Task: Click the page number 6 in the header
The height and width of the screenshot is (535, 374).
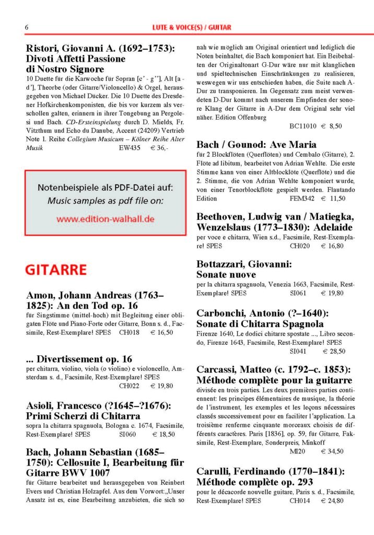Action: (x=27, y=27)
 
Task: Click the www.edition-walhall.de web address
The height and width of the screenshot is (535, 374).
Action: (x=106, y=219)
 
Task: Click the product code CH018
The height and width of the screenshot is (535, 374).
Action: (x=130, y=332)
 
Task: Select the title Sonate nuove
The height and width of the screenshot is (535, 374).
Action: (x=226, y=274)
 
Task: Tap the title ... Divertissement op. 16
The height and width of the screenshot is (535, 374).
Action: (x=79, y=359)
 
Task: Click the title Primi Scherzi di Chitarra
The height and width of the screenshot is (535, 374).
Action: (x=83, y=416)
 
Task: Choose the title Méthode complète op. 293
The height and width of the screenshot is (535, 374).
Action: (x=256, y=481)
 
